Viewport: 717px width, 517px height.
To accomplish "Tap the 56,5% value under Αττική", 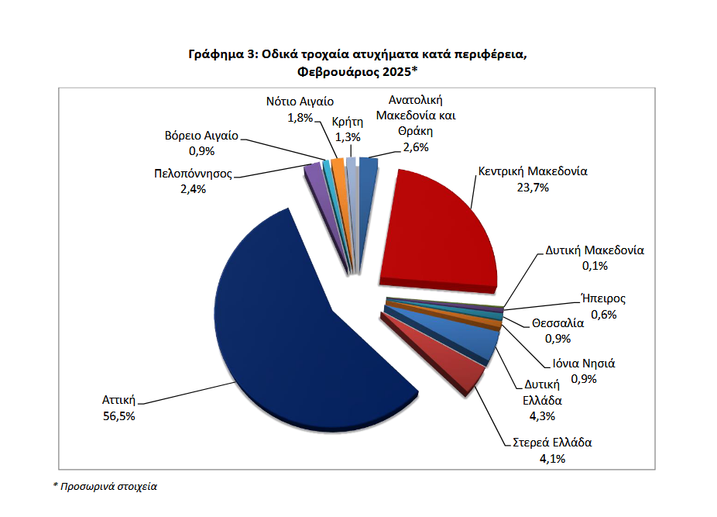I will [119, 416].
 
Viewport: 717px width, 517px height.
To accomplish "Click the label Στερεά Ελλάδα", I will [552, 443].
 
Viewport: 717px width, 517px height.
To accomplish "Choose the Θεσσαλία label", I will [557, 323].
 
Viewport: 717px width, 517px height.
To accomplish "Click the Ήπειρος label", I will [603, 298].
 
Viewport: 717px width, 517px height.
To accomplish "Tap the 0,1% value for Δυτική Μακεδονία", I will [595, 266].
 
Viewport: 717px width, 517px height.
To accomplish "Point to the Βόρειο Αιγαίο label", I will [201, 133].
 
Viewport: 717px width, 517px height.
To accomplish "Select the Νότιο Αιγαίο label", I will [300, 102].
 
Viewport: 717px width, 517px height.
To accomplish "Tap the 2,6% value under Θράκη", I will [415, 147].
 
